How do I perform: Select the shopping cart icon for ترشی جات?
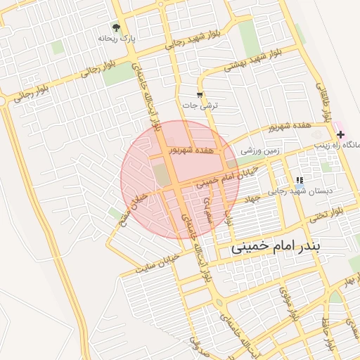coord(200,95)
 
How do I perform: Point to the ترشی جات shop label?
coord(201,105)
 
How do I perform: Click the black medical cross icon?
coord(340,134)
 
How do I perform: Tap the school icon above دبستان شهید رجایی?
coord(300,180)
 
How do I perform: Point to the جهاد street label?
coord(252,200)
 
